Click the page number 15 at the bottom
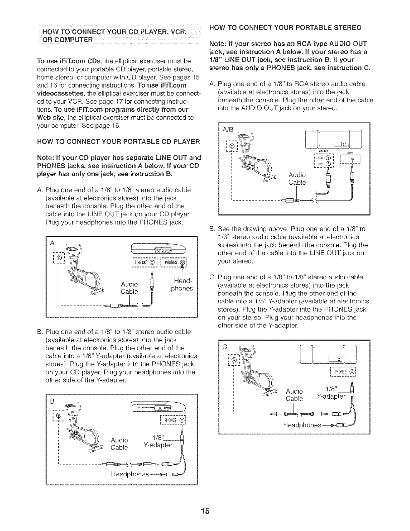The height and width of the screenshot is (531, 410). coord(205,511)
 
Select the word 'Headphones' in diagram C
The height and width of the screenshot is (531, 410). coord(302,425)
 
